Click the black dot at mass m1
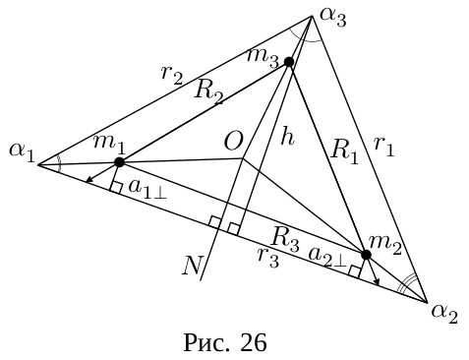point(120,162)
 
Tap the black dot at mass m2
point(366,255)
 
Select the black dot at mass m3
point(289,62)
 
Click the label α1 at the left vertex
point(22,152)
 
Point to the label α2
point(444,314)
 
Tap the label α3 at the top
point(333,17)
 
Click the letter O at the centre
point(233,143)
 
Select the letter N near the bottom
point(193,265)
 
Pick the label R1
point(344,151)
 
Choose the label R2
point(208,92)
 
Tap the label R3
point(285,240)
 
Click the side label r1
point(384,147)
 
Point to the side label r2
point(172,75)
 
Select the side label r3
point(268,258)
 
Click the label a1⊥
point(147,189)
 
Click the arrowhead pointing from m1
point(88,179)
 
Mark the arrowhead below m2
point(377,281)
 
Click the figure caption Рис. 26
point(225,342)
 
